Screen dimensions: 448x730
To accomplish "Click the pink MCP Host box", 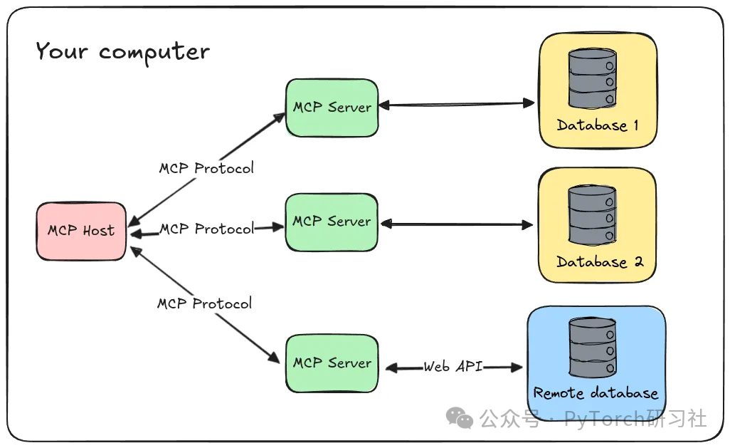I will tap(81, 231).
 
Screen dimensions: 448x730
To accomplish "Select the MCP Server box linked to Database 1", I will tap(332, 108).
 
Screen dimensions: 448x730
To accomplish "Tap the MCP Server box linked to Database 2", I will tap(332, 222).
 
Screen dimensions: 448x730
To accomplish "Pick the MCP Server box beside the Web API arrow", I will tap(332, 363).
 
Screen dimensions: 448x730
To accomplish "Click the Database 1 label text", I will tap(598, 126).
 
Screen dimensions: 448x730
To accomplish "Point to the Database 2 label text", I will tap(599, 262).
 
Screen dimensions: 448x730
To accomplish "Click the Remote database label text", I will tap(596, 393).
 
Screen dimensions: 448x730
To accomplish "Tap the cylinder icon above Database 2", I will tap(592, 214).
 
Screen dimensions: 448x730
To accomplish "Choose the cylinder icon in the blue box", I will tap(592, 348).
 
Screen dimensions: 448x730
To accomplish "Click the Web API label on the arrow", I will tap(453, 367).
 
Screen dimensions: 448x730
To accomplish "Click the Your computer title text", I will tap(122, 52).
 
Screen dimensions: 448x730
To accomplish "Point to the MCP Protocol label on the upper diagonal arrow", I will tap(206, 169).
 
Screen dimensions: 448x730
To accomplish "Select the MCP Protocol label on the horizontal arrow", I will tap(206, 229).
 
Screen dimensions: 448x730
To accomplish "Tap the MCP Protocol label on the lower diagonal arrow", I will tap(205, 304).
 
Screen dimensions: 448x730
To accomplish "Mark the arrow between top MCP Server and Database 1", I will tap(455, 105).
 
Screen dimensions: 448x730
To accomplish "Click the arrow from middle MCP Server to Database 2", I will tap(455, 225).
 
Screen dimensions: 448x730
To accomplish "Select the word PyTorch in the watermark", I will tap(605, 419).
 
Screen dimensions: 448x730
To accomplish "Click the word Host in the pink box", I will tap(98, 231).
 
